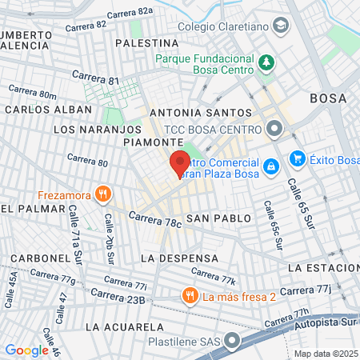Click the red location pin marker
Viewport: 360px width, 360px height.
[x=178, y=164]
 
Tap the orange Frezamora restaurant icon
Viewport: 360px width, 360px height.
[x=102, y=194]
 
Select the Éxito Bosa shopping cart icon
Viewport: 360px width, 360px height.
[x=297, y=158]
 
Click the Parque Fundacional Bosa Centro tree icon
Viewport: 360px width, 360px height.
[x=266, y=62]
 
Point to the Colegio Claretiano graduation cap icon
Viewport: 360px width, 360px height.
[x=280, y=26]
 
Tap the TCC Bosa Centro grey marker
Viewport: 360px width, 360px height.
[x=274, y=128]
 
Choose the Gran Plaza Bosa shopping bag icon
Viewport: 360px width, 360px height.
[x=271, y=166]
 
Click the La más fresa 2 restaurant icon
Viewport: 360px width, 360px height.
[x=190, y=296]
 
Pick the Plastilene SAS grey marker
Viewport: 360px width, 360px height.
[x=232, y=342]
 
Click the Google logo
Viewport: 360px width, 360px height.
[x=26, y=350]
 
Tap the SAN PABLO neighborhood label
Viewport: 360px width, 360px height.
[x=218, y=218]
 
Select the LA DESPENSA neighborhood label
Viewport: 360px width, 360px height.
[x=179, y=258]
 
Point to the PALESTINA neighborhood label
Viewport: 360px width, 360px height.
[x=146, y=42]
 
